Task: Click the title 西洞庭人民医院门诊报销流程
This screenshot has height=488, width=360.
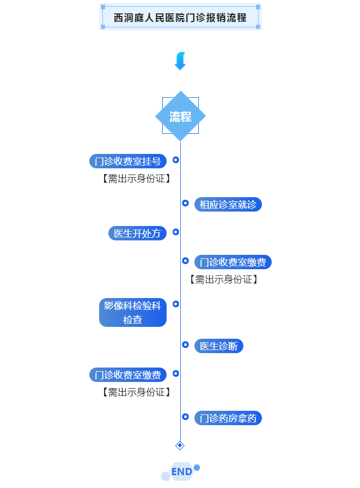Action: (x=180, y=18)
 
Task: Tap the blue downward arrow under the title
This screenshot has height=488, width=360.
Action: (x=180, y=61)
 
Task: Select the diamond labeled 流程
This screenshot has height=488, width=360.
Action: (x=180, y=116)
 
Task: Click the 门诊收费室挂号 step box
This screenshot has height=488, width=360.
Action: (x=128, y=161)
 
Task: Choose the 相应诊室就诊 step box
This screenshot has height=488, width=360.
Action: (x=228, y=204)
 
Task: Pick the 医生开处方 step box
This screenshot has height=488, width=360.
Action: (x=137, y=233)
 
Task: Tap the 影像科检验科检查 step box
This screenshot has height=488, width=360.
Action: (x=132, y=312)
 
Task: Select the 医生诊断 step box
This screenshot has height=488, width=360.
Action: (x=218, y=346)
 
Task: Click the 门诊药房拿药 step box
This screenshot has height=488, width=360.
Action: (x=228, y=418)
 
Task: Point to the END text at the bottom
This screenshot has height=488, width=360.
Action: (x=181, y=472)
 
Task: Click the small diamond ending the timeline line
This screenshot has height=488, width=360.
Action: (x=180, y=445)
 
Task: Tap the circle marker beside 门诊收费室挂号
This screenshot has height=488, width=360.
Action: (x=176, y=160)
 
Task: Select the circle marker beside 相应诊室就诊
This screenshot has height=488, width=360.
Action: (x=185, y=203)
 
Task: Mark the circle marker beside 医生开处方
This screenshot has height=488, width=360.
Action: (x=176, y=232)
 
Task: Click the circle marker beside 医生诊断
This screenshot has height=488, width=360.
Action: (x=185, y=344)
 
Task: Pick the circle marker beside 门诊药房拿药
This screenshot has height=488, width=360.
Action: (x=185, y=416)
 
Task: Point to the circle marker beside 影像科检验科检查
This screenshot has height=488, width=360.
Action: (x=176, y=304)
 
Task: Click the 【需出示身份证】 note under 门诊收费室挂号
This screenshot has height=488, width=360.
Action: (x=136, y=179)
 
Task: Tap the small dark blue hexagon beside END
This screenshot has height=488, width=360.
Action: (x=197, y=467)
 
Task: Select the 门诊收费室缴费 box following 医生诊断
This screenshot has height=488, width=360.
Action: (x=128, y=375)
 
